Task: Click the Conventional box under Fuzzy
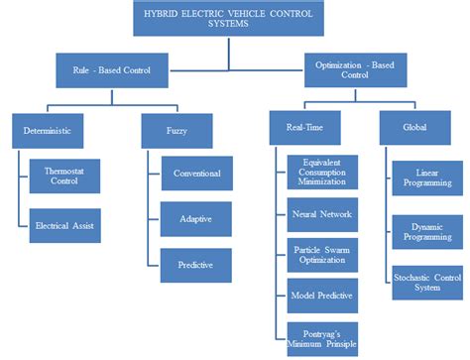coord(196,174)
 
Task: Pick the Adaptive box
coord(196,218)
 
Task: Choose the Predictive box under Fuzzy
coord(196,264)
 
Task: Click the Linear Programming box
coord(426,178)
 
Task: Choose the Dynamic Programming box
coord(426,233)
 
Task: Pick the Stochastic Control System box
coord(426,282)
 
